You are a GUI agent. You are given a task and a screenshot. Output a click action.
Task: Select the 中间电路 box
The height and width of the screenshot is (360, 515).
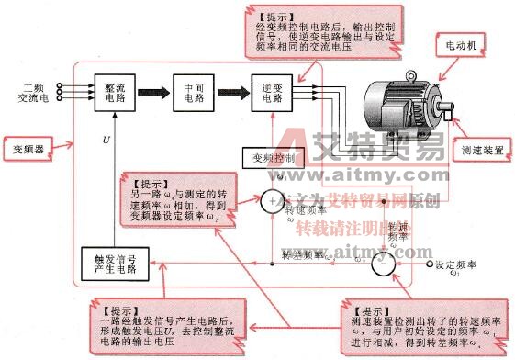193,93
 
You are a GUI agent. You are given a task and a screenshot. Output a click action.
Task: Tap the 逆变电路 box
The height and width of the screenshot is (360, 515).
273,93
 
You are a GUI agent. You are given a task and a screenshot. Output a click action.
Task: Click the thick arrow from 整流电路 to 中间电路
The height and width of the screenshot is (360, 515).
154,93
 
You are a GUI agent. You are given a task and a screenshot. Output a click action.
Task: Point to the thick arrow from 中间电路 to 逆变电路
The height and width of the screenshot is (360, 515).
233,93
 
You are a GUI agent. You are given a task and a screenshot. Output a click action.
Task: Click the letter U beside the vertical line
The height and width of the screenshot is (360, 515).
106,141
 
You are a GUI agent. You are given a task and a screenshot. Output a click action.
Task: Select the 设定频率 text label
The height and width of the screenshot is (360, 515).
459,265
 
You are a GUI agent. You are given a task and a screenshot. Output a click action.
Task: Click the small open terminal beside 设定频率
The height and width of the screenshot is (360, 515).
428,264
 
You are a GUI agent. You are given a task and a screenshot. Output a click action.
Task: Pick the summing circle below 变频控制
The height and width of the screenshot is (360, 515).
273,199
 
